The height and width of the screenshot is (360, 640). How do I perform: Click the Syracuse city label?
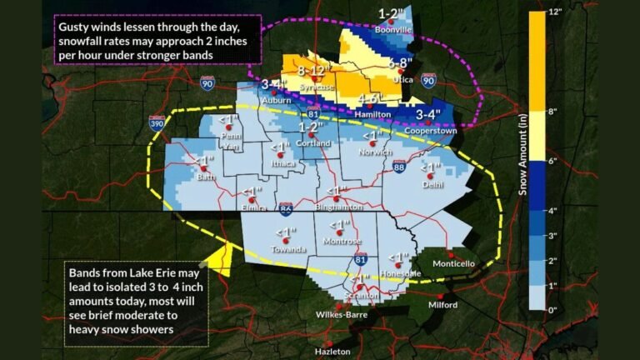pyautogui.click(x=317, y=87)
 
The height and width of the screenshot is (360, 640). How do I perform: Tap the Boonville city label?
pyautogui.click(x=395, y=30)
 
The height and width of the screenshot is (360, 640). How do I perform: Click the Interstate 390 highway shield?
pyautogui.click(x=157, y=122)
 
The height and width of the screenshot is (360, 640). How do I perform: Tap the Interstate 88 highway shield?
pyautogui.click(x=400, y=167)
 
